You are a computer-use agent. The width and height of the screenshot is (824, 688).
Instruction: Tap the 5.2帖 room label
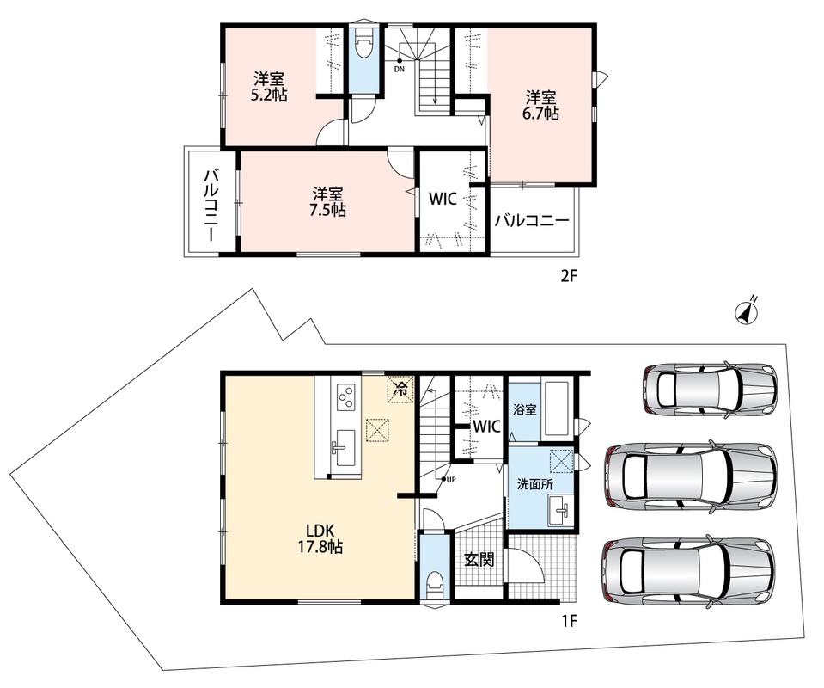pos(269,88)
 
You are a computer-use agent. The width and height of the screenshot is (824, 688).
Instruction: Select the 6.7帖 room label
pos(540,106)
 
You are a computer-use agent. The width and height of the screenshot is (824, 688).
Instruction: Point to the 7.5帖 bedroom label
pos(327,201)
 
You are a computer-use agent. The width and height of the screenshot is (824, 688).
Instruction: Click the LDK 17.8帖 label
pos(320,538)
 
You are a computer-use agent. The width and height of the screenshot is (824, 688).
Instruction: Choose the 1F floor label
pos(569,621)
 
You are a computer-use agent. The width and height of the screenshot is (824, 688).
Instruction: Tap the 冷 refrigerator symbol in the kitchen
pos(400,390)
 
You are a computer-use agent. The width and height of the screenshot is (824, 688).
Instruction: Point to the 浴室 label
pos(524,409)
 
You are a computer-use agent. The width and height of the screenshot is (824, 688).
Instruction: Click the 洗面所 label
pos(535,484)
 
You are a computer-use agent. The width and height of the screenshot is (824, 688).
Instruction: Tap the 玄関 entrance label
pos(479,559)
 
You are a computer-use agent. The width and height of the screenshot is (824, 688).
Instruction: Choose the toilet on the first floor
pos(435,584)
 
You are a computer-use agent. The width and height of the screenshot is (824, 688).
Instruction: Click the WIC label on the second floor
pos(443,199)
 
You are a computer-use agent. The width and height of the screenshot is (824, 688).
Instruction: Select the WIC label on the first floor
pos(486,426)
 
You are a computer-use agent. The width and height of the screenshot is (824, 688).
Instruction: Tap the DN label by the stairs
pos(400,69)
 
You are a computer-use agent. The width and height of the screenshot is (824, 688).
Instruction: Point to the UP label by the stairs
pos(451,479)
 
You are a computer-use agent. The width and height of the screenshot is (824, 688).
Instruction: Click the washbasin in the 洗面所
pos(561,510)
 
